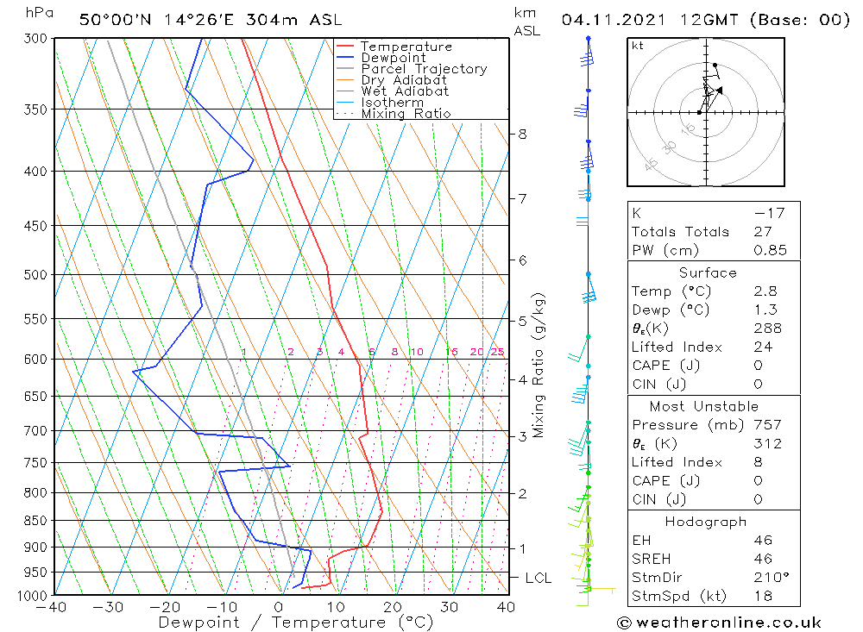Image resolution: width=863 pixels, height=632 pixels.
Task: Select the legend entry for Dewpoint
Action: [393, 58]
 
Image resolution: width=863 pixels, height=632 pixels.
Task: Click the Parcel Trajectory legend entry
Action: [423, 69]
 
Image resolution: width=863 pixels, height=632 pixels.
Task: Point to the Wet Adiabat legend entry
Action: [404, 91]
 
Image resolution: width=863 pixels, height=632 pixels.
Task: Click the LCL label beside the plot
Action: [538, 578]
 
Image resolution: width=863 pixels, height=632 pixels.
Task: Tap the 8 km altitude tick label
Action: [522, 134]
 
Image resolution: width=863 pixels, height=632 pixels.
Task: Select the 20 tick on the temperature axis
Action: [393, 607]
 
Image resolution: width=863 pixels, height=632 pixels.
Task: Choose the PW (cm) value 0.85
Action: [770, 250]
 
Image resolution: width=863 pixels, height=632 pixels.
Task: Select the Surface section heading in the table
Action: [708, 272]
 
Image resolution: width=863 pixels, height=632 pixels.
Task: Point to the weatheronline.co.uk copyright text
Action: [719, 623]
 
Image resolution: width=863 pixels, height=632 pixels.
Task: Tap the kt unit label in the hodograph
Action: [638, 46]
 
